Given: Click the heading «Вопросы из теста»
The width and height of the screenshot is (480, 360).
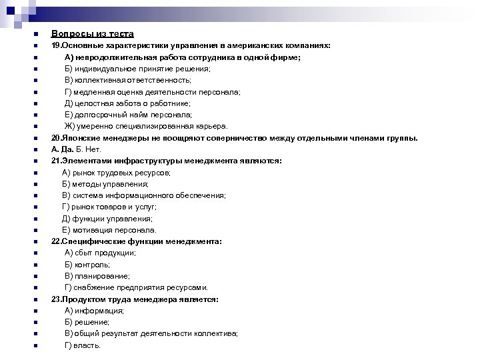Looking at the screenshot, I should [x=93, y=33].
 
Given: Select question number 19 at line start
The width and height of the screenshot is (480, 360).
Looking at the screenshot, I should [x=56, y=45].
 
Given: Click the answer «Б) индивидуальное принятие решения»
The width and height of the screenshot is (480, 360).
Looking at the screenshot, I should [x=137, y=69].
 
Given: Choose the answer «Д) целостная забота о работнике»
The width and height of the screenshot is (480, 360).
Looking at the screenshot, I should [x=127, y=103].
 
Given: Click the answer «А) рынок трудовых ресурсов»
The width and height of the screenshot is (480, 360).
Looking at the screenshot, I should [x=116, y=172].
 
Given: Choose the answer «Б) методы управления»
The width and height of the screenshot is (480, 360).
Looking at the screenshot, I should [x=105, y=183].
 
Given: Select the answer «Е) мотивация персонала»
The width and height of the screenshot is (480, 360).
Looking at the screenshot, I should [x=109, y=230].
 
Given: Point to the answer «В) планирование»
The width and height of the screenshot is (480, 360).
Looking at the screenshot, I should [x=97, y=276].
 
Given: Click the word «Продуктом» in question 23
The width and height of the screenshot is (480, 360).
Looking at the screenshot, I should [x=82, y=299].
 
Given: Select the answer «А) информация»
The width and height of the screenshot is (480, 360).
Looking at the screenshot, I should [x=94, y=311].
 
